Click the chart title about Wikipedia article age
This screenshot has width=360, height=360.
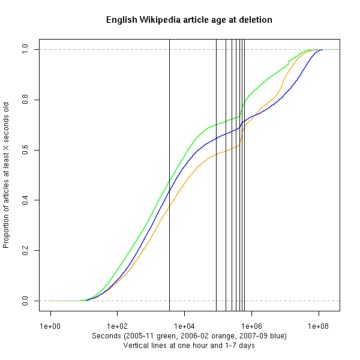click(189, 20)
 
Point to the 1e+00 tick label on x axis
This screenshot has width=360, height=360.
click(50, 325)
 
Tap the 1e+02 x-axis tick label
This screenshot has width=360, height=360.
click(117, 325)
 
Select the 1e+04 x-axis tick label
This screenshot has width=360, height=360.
click(184, 325)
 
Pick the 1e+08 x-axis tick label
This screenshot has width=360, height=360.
click(318, 325)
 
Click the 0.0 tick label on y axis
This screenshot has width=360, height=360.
click(25, 301)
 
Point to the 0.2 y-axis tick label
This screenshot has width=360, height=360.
click(25, 250)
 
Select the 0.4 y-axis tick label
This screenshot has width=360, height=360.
click(25, 200)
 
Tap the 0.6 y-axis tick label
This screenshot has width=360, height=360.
click(25, 150)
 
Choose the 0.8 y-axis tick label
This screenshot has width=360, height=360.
click(25, 100)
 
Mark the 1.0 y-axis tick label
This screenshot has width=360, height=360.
click(25, 49)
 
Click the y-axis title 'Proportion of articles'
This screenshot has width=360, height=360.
click(7, 175)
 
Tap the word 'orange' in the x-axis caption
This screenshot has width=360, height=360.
click(222, 335)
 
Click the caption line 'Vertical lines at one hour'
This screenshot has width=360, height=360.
click(189, 346)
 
